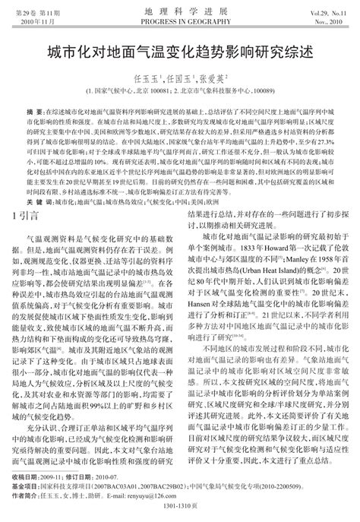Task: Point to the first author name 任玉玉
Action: pyautogui.click(x=145, y=78)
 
